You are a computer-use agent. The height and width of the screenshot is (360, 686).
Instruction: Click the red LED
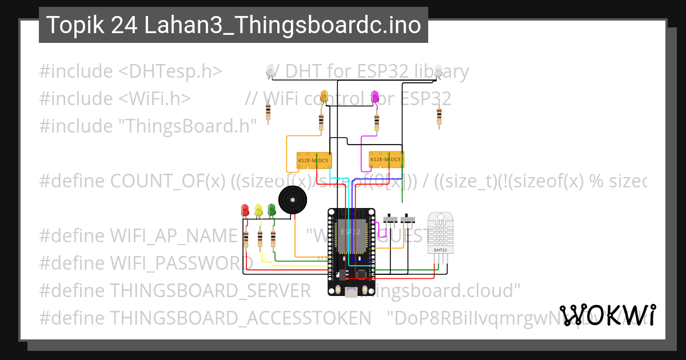point(245,210)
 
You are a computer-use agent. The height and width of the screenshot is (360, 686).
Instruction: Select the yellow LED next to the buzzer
point(258,210)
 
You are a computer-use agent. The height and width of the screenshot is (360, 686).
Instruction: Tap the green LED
point(272,210)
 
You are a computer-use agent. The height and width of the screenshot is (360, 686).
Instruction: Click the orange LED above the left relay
point(324,97)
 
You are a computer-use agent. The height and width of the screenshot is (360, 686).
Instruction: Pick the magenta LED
point(375,97)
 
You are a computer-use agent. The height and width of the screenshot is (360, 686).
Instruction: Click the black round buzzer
point(293,201)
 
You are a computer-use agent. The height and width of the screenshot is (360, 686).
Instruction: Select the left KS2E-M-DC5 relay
point(313,161)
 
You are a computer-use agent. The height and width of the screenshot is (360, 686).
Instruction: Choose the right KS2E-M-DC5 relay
point(386,159)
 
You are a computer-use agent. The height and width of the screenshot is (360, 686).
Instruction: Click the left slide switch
point(391,219)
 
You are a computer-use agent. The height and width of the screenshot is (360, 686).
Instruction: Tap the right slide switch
point(408,219)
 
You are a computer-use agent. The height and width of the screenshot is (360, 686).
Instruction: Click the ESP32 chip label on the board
point(351,233)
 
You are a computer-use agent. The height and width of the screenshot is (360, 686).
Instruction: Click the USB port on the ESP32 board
point(351,292)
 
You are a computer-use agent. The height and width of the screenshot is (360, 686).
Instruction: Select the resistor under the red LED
point(246,239)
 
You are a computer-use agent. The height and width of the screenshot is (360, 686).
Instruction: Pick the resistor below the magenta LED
point(376,121)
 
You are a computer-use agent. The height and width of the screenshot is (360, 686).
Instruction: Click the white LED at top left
point(270,71)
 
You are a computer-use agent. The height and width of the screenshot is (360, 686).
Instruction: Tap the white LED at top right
point(438,71)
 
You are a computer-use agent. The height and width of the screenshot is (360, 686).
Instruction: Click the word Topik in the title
point(70,25)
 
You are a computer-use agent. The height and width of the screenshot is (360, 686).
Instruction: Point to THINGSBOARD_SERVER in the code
point(210,290)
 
